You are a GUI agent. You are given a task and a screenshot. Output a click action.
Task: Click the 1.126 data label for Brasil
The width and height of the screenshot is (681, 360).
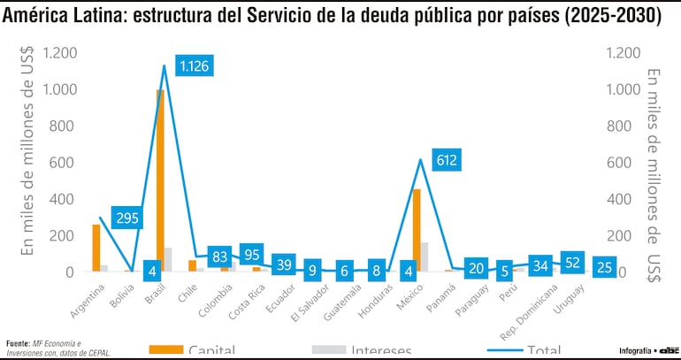[x=195, y=66]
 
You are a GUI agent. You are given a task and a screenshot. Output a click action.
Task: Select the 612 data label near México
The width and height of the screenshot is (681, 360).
[x=446, y=160]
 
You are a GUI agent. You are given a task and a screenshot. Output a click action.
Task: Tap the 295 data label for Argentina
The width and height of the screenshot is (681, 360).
[x=127, y=218]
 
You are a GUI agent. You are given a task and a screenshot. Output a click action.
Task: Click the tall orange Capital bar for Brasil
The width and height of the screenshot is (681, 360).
[x=160, y=180]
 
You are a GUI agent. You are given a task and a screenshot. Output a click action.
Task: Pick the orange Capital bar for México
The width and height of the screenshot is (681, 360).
[x=417, y=230]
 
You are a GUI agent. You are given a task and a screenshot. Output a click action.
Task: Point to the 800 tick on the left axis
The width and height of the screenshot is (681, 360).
[x=61, y=126]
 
